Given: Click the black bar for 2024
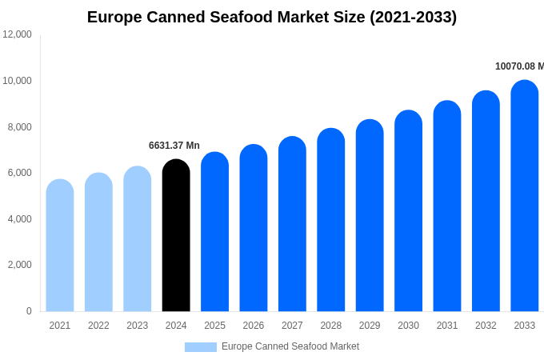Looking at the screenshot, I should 176,235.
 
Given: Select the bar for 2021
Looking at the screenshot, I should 60,246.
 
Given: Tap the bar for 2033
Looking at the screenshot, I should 525,196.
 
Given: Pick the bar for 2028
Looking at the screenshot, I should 331,220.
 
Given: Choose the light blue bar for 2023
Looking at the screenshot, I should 138,239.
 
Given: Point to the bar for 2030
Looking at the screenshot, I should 408,211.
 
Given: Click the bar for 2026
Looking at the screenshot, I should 254,228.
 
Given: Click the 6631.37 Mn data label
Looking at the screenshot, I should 174,146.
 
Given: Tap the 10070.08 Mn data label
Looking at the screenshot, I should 519,66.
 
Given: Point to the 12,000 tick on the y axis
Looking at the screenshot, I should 18,34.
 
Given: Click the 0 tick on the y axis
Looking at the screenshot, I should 29,311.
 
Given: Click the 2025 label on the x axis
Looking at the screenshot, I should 214,326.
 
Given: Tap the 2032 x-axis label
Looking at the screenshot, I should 486,326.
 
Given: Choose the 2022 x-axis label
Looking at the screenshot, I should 98,326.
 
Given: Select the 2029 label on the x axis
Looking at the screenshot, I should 370,326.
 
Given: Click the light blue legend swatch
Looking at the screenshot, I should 201,347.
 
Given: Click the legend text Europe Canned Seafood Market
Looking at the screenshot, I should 290,346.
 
